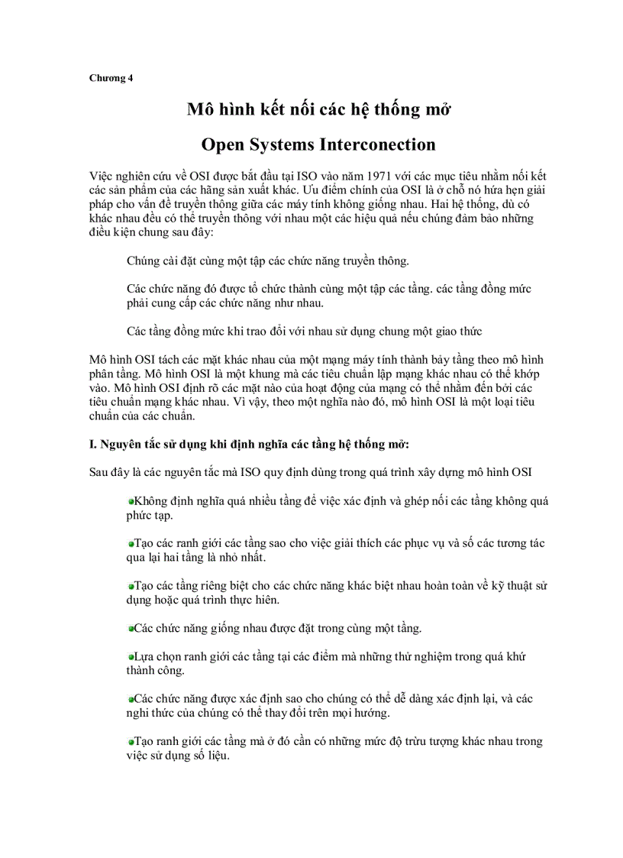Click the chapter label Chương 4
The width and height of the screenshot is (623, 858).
click(x=111, y=77)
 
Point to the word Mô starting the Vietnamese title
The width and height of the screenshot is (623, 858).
click(x=201, y=109)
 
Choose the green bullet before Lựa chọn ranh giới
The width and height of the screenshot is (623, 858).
click(x=131, y=657)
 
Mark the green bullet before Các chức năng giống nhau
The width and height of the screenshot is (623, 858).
click(x=131, y=629)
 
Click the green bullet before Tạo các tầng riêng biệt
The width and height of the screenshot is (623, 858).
click(x=131, y=586)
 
